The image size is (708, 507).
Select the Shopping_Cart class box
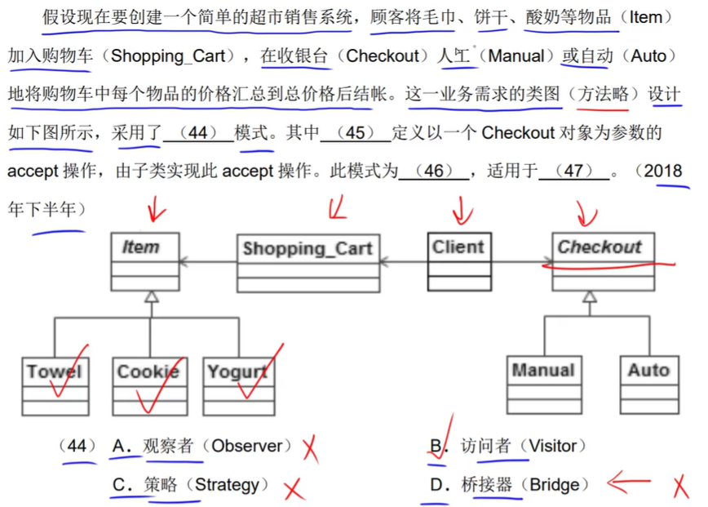pos(307,261)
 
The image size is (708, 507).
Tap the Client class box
pos(458,261)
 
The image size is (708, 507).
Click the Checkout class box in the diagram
pos(603,261)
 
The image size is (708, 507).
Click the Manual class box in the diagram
pos(543,384)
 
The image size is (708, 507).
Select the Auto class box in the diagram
pos(648,384)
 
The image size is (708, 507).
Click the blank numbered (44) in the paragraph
pos(198,132)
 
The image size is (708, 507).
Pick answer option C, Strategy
pos(191,485)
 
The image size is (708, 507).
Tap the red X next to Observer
pos(309,447)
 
